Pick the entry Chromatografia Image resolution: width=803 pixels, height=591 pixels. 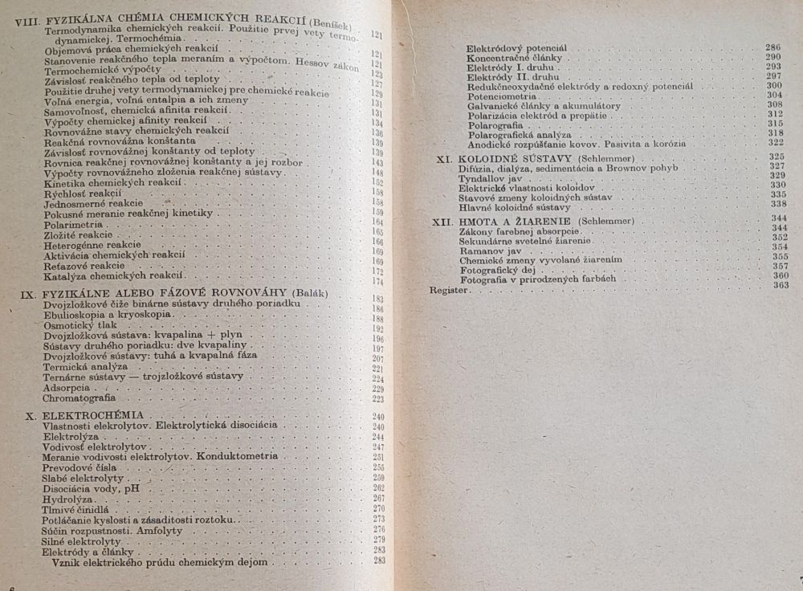pos(79,397)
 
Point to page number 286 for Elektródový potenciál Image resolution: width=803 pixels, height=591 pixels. pos(774,48)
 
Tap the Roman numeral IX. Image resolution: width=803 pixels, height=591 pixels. pos(26,294)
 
